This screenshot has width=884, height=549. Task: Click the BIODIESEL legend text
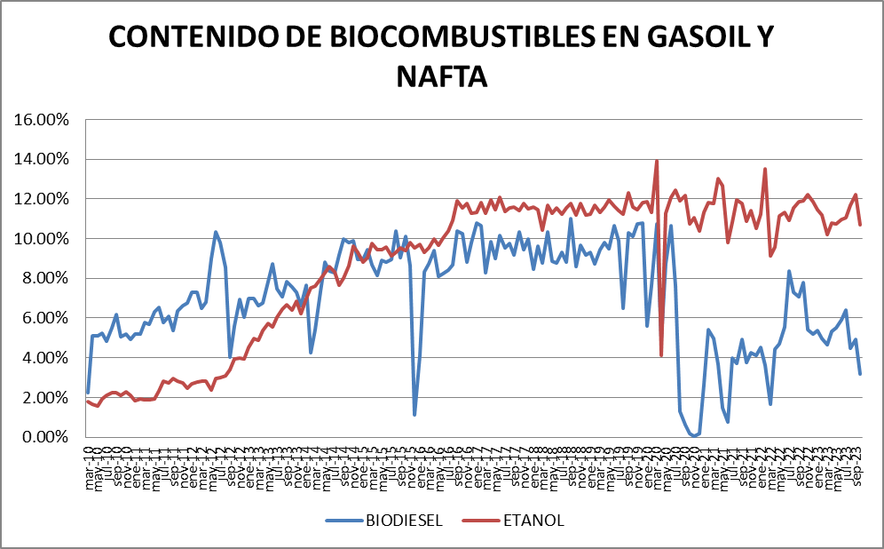[x=405, y=521]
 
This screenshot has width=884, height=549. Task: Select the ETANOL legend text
[x=534, y=521]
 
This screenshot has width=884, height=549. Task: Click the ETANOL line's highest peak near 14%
[x=657, y=162]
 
